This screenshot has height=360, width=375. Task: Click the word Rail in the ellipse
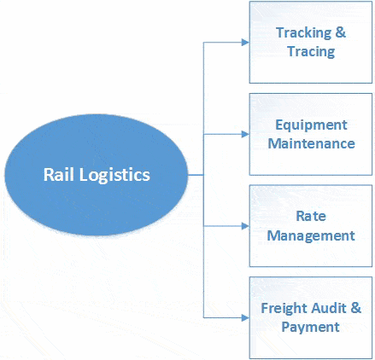coord(59,175)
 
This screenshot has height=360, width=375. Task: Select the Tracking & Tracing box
coord(310,43)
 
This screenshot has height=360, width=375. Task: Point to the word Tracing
coord(311,51)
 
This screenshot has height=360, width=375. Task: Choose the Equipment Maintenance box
coord(310,134)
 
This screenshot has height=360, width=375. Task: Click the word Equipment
coord(311,125)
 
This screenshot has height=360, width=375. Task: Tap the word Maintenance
coord(311,143)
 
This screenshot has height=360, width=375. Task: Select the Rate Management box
coord(310,226)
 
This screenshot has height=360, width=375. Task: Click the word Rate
coord(311,217)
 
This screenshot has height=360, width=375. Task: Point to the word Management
coord(311,235)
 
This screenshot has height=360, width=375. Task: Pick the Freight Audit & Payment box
coord(310,317)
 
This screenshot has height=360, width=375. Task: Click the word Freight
coord(284,308)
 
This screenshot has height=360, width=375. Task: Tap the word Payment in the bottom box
coord(311,327)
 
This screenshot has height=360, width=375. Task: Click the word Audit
coord(329,308)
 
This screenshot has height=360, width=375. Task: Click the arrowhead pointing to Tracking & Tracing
coord(244,43)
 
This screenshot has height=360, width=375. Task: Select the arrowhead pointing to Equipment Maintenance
coord(244,134)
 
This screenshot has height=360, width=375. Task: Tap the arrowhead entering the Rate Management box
coord(244,226)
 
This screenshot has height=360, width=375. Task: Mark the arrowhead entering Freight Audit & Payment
coord(244,317)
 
